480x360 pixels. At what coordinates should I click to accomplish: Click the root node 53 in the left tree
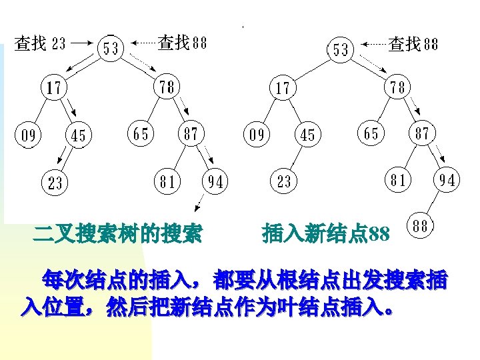pos(111,48)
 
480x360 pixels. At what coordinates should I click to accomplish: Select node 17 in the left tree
pos(54,88)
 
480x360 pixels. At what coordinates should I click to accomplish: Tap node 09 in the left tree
pos(28,136)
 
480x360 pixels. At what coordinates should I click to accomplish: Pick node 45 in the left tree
pos(79,136)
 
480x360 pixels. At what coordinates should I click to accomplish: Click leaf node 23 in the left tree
pos(55,182)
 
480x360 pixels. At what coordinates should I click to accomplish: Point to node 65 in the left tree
pos(141,134)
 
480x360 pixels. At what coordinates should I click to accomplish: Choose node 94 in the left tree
pos(215,181)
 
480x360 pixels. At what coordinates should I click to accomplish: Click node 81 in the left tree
pos(166,181)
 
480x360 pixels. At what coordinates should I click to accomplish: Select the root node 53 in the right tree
pos(340,49)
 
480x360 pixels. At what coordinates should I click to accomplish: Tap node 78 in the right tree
pos(398,88)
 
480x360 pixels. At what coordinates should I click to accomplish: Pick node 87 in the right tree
pos(421,133)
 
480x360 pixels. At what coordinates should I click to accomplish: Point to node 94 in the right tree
pos(447,180)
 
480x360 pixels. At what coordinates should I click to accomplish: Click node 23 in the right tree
pos(284,181)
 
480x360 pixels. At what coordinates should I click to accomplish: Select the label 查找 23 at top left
pos(41,44)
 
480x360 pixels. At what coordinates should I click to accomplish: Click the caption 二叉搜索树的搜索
pos(119,234)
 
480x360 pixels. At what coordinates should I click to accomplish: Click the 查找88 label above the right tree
pos(413,44)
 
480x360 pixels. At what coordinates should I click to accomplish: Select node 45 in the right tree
pos(307,135)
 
